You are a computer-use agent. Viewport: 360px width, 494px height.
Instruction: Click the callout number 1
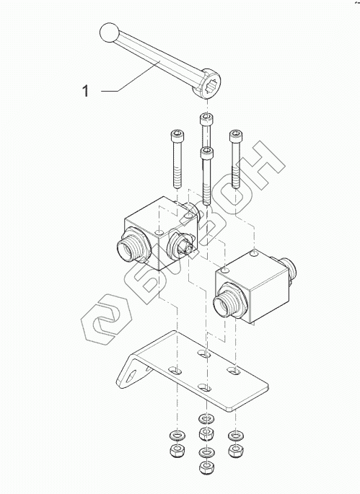(85, 91)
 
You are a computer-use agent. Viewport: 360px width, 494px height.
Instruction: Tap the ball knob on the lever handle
(109, 32)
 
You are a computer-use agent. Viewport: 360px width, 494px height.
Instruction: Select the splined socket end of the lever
(207, 83)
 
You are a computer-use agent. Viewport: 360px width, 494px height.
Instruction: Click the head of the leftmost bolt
(177, 136)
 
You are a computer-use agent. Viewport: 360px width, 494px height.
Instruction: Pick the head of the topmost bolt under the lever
(206, 119)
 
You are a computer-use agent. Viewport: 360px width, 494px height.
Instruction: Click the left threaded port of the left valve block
(128, 247)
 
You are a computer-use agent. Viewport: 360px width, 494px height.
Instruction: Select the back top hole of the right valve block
(255, 252)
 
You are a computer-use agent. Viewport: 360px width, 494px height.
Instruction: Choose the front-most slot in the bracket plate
(205, 387)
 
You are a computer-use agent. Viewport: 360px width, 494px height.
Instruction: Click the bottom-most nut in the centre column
(206, 467)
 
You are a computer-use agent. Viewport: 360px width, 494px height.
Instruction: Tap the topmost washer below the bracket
(206, 419)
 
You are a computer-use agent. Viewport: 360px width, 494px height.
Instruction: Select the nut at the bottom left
(177, 451)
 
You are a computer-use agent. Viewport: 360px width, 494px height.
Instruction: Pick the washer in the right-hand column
(236, 436)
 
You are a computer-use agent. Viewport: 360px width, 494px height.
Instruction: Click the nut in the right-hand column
(236, 451)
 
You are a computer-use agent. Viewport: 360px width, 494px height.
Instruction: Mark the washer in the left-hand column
(177, 436)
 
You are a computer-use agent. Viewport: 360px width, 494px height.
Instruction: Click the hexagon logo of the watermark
(106, 319)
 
